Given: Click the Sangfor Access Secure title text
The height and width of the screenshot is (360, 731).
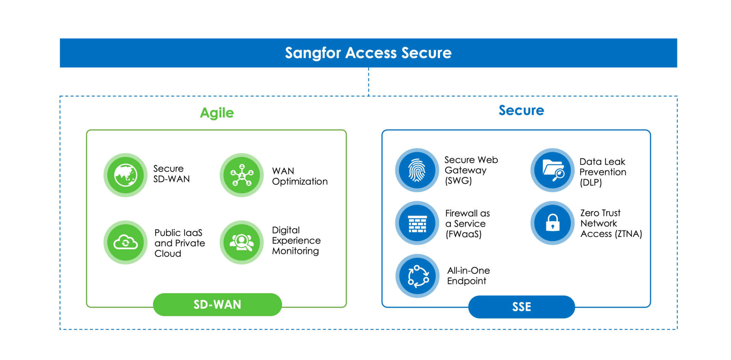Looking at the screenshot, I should tap(368, 53).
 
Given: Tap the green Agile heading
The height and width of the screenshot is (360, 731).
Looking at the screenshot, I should tap(217, 113).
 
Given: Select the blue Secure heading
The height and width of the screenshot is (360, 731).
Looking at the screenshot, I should tap(521, 110).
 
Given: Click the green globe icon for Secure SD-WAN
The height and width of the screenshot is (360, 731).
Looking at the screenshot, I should tap(126, 175).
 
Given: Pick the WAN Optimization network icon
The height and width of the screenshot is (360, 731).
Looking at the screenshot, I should tap(242, 175).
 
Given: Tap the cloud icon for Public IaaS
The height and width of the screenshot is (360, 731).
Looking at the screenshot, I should tap(126, 242).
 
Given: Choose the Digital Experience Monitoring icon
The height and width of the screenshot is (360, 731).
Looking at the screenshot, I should tap(242, 242).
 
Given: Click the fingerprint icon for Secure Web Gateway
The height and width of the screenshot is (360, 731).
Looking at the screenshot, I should tap(417, 170).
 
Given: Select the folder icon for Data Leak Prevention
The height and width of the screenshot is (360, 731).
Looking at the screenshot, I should tap(552, 170).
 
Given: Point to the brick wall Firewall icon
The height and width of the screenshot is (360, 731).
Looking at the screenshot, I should tap(417, 223).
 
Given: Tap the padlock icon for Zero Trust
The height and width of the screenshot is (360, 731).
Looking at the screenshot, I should tap(552, 223).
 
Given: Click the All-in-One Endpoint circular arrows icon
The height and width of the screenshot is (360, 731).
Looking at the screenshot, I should tap(418, 276).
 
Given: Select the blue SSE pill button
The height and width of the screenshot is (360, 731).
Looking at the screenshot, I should tap(521, 307).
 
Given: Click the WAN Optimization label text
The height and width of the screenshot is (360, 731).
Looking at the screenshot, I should tap(300, 176).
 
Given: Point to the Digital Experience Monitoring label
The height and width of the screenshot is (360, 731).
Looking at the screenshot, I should tap(296, 241).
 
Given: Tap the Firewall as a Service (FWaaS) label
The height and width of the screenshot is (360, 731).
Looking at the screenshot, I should tap(468, 224).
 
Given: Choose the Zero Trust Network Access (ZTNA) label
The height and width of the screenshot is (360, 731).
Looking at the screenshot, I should tap(611, 223).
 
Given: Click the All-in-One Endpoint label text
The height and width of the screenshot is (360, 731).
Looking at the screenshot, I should tap(468, 276).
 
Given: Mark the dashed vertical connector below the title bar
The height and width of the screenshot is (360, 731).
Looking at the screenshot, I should tap(369, 81).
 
